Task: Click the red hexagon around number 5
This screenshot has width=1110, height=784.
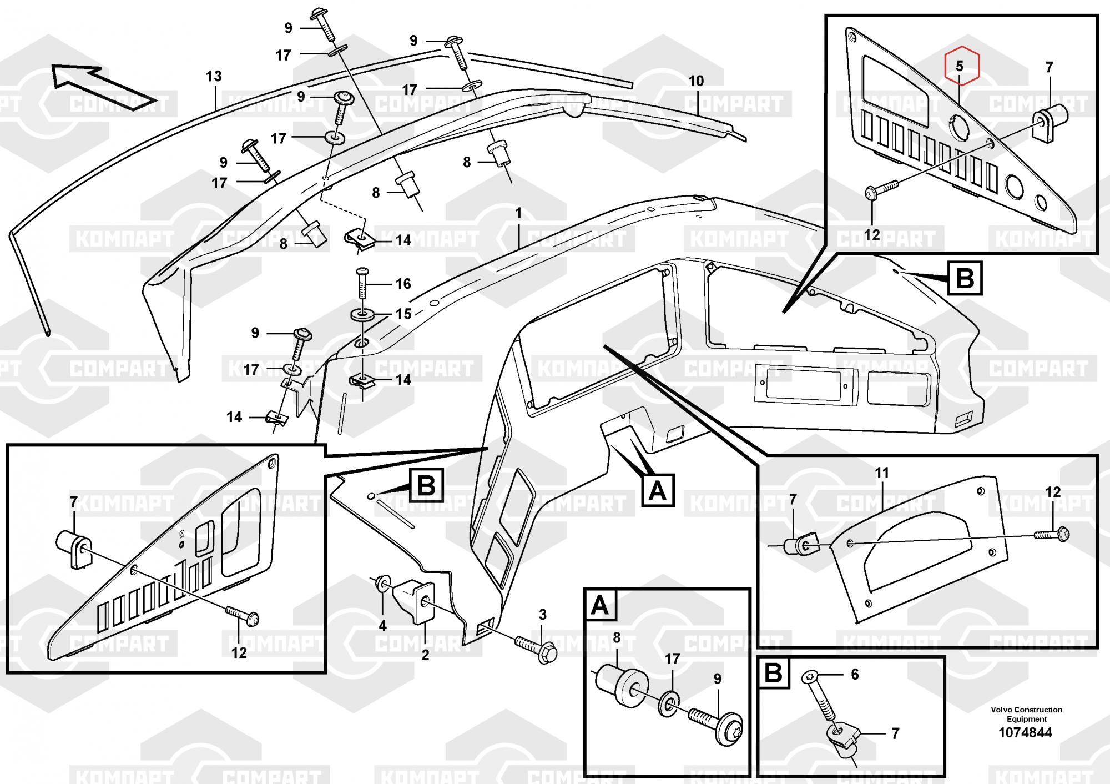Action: tap(963, 66)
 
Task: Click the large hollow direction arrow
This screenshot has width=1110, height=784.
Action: tap(100, 87)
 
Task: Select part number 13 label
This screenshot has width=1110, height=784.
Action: tap(214, 76)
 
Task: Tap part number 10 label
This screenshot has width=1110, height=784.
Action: tap(696, 81)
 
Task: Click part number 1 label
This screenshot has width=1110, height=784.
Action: tap(518, 213)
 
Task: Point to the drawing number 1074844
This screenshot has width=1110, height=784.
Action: tap(1025, 733)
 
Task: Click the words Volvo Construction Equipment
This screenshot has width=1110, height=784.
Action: tap(1026, 714)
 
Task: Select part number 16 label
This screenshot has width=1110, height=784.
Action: tap(403, 284)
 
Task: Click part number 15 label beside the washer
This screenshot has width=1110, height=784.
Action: tap(403, 314)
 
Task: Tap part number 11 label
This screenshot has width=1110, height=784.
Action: tap(882, 473)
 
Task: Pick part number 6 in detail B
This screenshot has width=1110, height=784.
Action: tap(855, 674)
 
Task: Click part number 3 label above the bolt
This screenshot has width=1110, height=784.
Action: tap(543, 615)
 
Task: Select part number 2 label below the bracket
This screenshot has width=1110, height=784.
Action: tap(425, 655)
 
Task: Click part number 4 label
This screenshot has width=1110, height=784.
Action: tap(382, 626)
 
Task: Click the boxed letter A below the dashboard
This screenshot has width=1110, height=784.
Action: tap(658, 490)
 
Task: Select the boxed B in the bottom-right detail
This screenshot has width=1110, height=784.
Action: tap(773, 674)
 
